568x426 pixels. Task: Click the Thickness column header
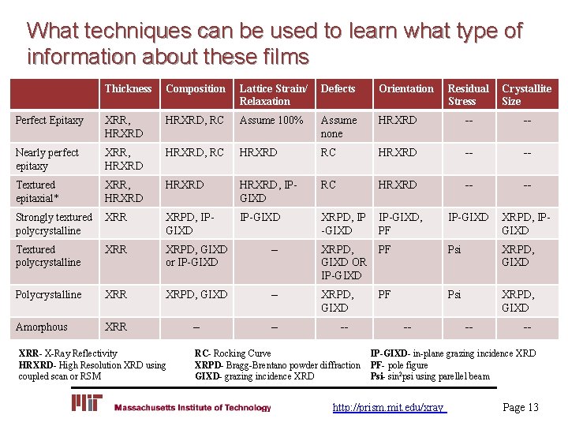pos(128,88)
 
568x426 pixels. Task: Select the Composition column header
pos(196,88)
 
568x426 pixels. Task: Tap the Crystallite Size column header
pos(526,95)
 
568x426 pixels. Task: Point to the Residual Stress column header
pos(468,95)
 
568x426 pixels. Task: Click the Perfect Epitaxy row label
pos(49,121)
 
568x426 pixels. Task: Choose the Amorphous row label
pos(41,327)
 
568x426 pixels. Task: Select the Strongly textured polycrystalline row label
pos(54,223)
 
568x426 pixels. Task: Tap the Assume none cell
pos(338,127)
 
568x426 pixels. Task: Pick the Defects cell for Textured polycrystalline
pos(343,262)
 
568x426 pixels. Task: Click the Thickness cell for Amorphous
pos(115,327)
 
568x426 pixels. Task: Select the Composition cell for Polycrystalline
pos(196,294)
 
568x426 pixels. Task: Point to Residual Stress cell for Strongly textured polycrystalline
pos(468,217)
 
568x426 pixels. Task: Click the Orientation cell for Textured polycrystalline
pos(385,249)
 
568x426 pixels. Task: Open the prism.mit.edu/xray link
pos(389,407)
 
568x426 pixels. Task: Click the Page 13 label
pos(520,407)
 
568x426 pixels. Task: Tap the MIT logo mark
pos(87,404)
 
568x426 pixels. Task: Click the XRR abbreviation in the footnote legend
pos(28,353)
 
